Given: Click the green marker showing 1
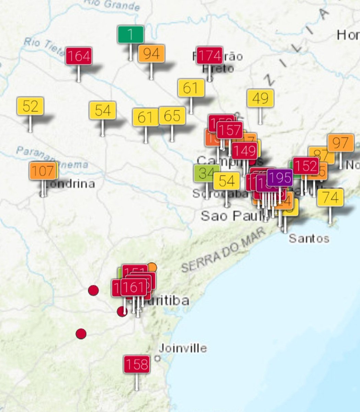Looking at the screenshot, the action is pyautogui.click(x=130, y=34).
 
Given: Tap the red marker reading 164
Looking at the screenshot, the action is pyautogui.click(x=79, y=56).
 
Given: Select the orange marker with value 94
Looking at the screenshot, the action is pyautogui.click(x=151, y=54).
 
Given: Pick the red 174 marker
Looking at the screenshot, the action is pyautogui.click(x=209, y=55).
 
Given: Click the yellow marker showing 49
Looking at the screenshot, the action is pyautogui.click(x=260, y=99).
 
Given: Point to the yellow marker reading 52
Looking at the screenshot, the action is pyautogui.click(x=30, y=106).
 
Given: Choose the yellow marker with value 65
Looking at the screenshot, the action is pyautogui.click(x=172, y=116).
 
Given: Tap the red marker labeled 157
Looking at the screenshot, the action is pyautogui.click(x=230, y=130).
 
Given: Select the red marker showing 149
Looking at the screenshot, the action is pyautogui.click(x=244, y=150).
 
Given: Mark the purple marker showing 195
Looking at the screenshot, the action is pyautogui.click(x=280, y=178).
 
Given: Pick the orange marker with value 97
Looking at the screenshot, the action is pyautogui.click(x=340, y=143).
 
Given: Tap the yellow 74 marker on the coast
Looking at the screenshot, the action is pyautogui.click(x=330, y=197).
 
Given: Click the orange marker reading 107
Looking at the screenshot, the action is pyautogui.click(x=43, y=171).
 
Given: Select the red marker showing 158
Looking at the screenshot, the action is pyautogui.click(x=137, y=364).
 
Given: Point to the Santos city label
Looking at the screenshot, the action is pyautogui.click(x=309, y=238).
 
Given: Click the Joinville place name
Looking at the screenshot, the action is pyautogui.click(x=183, y=348).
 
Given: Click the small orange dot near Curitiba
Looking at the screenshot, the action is pyautogui.click(x=152, y=267).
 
